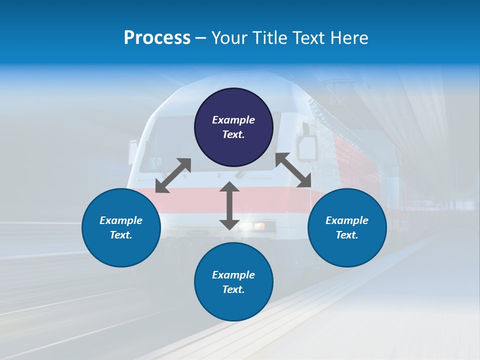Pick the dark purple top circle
[x=233, y=127]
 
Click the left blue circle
[x=121, y=228]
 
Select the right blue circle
[x=347, y=228]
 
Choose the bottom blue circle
[x=233, y=282]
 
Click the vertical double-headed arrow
[x=229, y=205]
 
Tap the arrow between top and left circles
[x=173, y=175]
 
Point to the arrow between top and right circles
[x=293, y=170]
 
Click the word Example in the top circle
[x=233, y=120]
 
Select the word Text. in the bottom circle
[x=233, y=289]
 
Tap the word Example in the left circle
[x=121, y=220]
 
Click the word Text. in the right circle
[x=347, y=235]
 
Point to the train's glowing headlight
[x=258, y=226]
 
